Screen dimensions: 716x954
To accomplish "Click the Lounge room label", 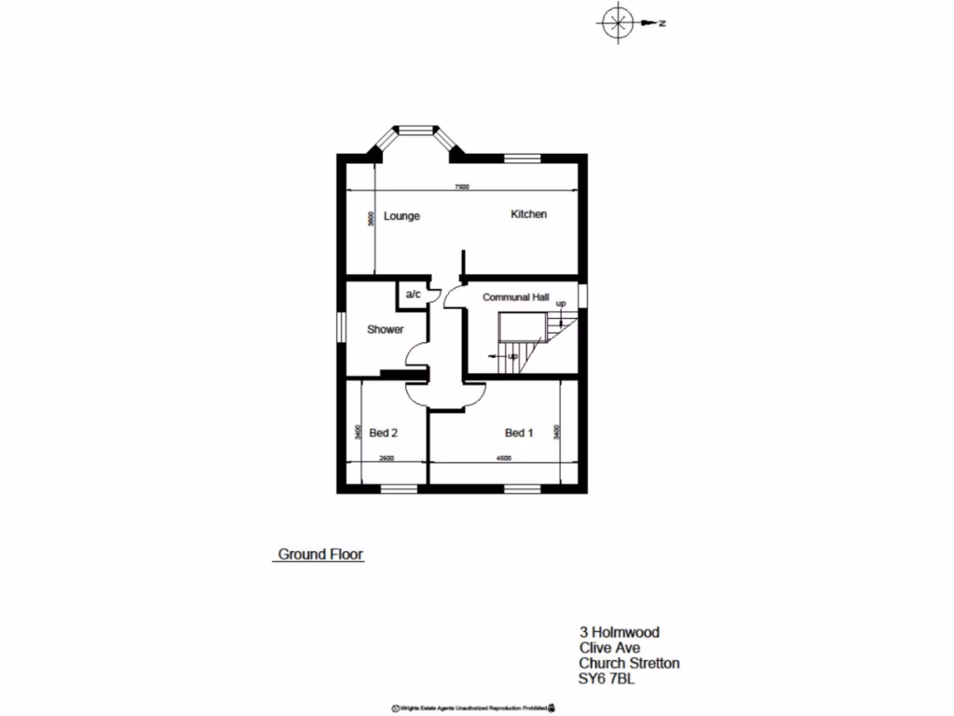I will (x=402, y=216).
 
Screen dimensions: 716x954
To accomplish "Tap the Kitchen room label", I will (x=528, y=214).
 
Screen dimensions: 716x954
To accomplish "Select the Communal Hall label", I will (x=515, y=297).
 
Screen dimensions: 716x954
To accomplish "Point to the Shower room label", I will (x=385, y=329).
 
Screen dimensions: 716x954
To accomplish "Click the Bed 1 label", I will (x=519, y=433).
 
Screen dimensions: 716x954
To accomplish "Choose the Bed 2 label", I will (x=384, y=433).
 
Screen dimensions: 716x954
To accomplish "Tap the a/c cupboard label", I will (x=413, y=295).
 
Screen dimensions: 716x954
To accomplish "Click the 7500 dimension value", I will (x=461, y=187).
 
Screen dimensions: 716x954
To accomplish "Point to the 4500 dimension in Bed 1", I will (x=503, y=459).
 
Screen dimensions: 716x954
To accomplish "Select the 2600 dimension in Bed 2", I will (x=388, y=459).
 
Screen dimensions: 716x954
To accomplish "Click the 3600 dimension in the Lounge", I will (x=371, y=219).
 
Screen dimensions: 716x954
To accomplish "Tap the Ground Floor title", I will (x=321, y=555).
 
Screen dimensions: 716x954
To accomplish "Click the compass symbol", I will (x=615, y=23).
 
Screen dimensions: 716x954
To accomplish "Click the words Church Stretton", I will (x=629, y=663).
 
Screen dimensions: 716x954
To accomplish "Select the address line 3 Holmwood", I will (x=619, y=632).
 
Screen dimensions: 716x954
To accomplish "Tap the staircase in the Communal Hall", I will (x=534, y=340).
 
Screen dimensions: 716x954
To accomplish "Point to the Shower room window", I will (x=340, y=328).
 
